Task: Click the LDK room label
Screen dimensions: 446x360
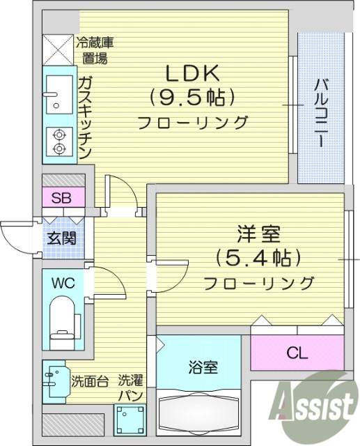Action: coord(193,72)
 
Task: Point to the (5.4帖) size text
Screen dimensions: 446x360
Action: coord(258,258)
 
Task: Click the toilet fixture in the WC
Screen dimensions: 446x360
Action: coord(63,321)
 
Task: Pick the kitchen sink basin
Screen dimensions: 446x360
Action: coord(55,95)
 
